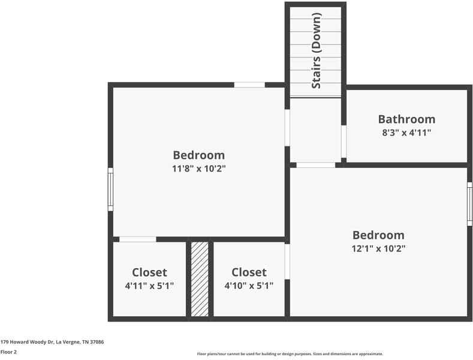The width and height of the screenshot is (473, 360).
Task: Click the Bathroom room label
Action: coord(406,119)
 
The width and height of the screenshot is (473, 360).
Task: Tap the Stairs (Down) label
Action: coord(317,51)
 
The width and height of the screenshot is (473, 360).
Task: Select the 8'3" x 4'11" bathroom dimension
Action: coord(406,133)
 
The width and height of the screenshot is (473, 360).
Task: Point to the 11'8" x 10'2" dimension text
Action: coord(198,169)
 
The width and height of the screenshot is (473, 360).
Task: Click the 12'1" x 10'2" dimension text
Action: coord(378,248)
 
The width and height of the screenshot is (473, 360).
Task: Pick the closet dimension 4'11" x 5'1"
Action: coord(149,286)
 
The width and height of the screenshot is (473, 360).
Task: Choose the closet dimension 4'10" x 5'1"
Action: coord(249,286)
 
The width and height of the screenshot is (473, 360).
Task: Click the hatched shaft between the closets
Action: coord(200,278)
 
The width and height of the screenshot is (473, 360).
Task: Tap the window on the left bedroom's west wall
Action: coord(110,189)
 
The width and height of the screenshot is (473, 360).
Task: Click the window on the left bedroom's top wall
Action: coord(249,85)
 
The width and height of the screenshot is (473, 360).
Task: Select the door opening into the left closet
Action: coord(137,239)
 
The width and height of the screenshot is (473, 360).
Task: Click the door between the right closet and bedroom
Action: coord(287,261)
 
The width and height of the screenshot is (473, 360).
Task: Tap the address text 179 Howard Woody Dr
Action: coord(52,341)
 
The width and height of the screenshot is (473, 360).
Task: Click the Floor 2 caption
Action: coord(8,352)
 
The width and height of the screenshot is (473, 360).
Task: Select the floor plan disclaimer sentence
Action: coord(290,353)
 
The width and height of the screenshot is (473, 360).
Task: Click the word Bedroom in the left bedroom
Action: coord(198,155)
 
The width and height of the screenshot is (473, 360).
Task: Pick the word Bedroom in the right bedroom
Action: coord(378,235)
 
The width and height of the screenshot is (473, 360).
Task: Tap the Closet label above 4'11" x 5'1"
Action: coord(149,272)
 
